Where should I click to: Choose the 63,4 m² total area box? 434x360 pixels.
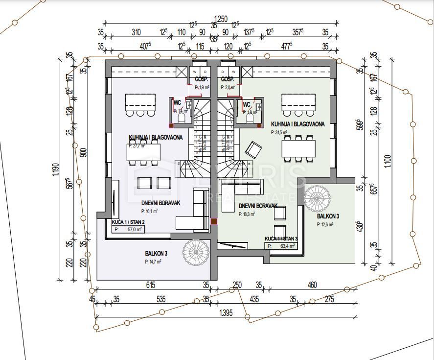tap(282, 246)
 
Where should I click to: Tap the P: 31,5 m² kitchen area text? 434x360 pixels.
tap(283, 132)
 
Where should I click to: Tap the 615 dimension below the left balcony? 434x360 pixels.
tap(150, 285)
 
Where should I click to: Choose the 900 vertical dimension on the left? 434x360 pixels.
tap(84, 152)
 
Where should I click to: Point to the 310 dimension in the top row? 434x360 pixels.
tap(136, 33)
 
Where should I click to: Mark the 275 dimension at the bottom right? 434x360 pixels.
tap(329, 299)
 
